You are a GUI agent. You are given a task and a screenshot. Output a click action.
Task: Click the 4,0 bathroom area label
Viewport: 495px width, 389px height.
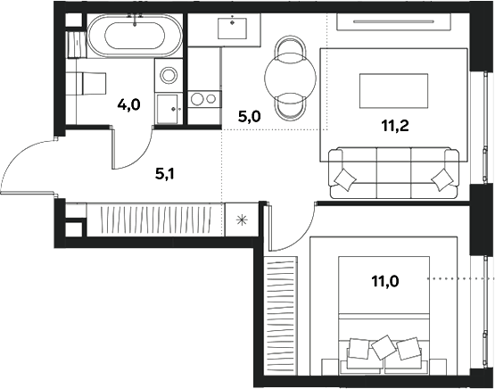pos(128,105)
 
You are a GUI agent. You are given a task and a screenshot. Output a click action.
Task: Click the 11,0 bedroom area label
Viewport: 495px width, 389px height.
pos(386,281)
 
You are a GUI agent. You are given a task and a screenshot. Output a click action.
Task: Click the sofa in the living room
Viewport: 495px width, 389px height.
pos(392,170)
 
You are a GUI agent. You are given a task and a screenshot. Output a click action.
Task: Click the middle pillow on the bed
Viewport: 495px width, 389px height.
pos(384,345)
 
